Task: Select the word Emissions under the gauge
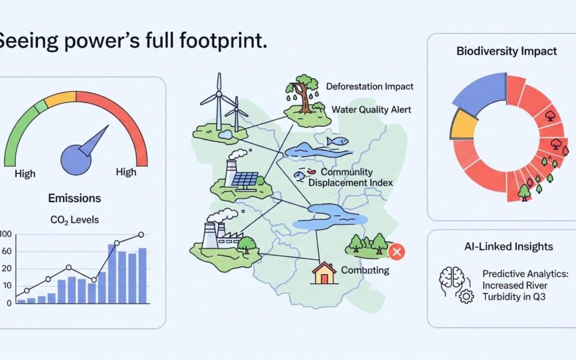point(74,198)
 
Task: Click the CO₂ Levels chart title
point(74,219)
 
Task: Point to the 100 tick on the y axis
point(5,234)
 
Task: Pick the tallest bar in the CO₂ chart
point(112,274)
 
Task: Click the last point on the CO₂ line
point(141,234)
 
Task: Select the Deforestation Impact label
point(370,86)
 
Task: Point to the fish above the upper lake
point(337,141)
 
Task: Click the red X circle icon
point(397,251)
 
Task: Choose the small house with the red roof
point(324,273)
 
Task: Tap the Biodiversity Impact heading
point(506,51)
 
